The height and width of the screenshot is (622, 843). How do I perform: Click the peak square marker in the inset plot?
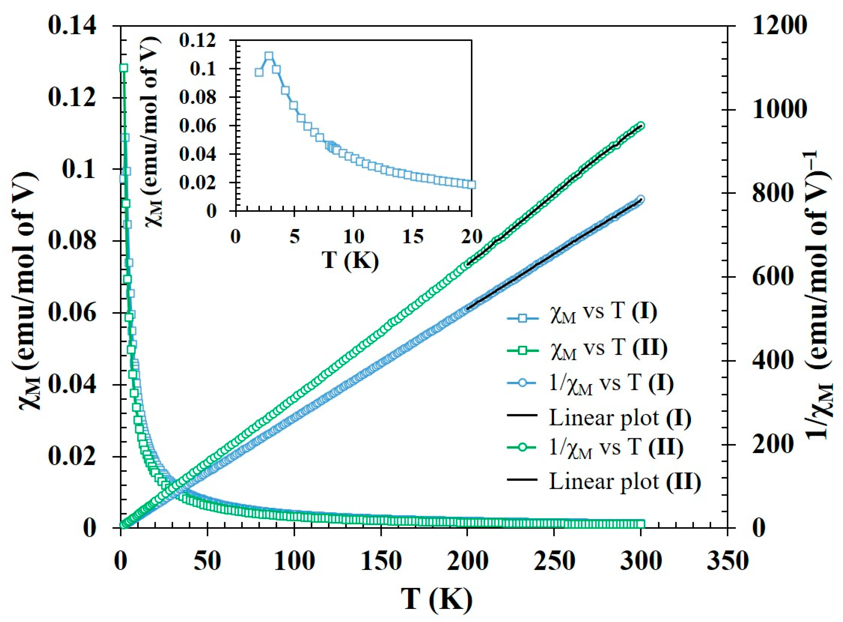(x=269, y=56)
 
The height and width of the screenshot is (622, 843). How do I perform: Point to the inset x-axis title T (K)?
(x=351, y=260)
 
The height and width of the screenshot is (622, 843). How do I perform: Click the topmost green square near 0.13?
(x=123, y=68)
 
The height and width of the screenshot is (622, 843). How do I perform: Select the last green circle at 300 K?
(x=641, y=125)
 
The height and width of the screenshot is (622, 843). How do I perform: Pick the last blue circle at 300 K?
(x=641, y=199)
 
